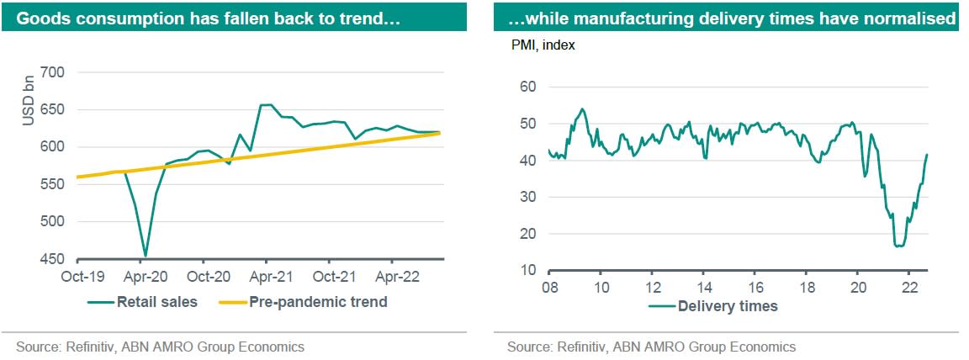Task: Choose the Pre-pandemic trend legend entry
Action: (x=318, y=302)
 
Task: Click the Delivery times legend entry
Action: (x=728, y=306)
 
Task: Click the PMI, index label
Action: (x=543, y=45)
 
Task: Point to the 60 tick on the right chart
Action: (x=529, y=87)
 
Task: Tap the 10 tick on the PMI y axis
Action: (x=529, y=270)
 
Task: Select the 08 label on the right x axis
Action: (x=549, y=287)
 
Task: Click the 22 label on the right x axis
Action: (x=908, y=287)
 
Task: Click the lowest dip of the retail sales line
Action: (x=146, y=256)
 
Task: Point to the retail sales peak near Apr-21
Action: (x=267, y=105)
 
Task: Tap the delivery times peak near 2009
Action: (x=582, y=109)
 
